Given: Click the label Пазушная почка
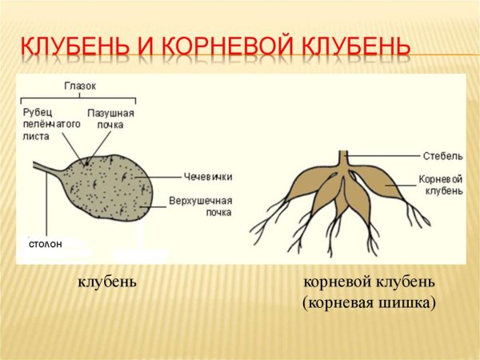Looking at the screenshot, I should click(x=117, y=119).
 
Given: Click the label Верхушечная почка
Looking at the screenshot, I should click(x=201, y=206).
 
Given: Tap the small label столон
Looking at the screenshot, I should click(x=45, y=242).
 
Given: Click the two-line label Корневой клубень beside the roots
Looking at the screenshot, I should click(x=440, y=185).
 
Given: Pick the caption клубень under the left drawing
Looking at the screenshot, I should click(x=107, y=282).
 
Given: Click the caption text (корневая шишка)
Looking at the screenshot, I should click(x=370, y=303).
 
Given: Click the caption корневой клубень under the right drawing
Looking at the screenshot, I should click(x=370, y=282).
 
